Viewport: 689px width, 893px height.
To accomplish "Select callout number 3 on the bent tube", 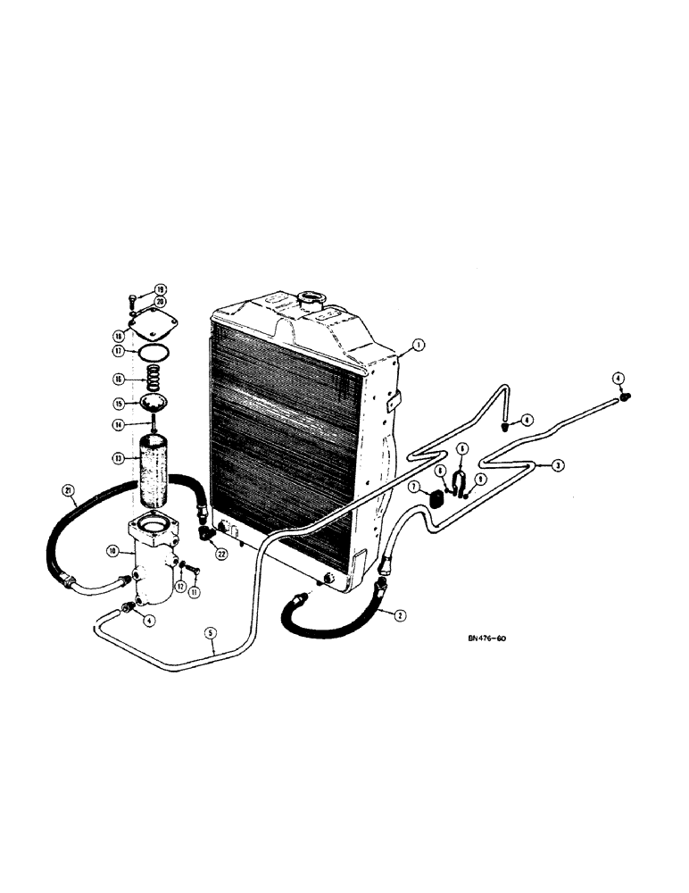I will coord(557,465).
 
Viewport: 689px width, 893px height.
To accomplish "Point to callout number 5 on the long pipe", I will coord(211,634).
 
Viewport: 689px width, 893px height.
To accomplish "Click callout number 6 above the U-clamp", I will coord(462,449).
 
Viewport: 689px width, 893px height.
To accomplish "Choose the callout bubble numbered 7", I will coord(415,487).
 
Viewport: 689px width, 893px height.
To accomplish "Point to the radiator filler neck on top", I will coord(314,298).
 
